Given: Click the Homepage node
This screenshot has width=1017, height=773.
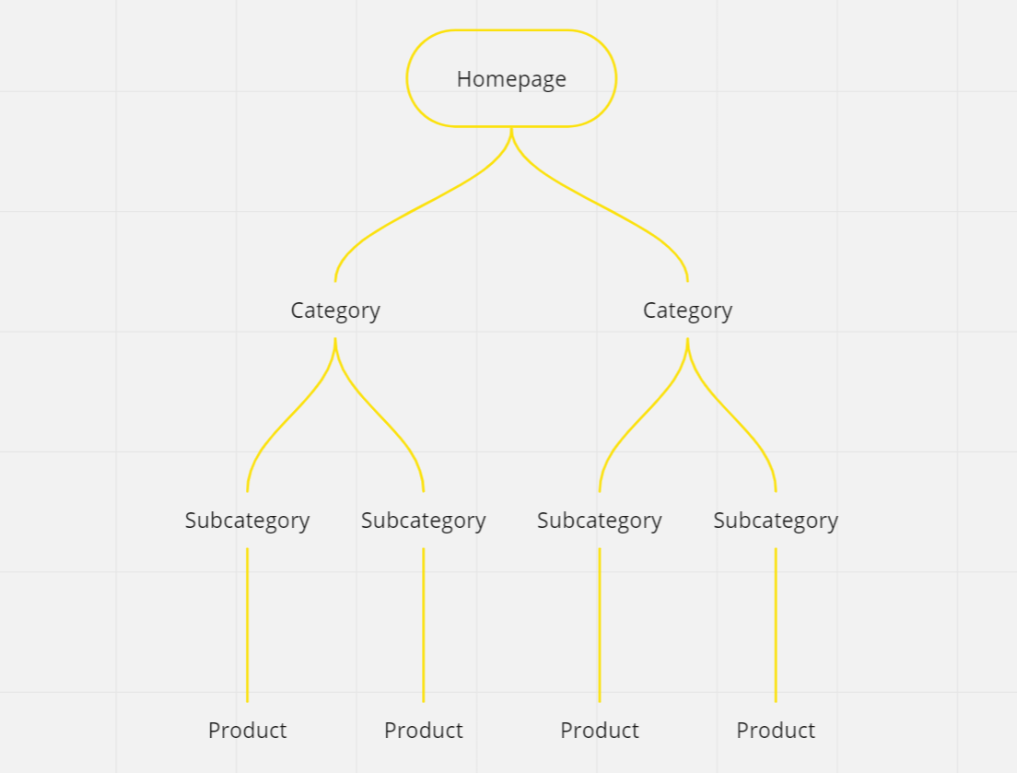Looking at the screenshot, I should tap(511, 79).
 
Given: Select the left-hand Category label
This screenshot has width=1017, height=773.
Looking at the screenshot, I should tap(335, 310).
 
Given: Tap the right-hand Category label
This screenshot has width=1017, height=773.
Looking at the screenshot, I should tap(687, 310).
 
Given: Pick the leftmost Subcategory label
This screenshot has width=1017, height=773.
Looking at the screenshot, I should tap(247, 521).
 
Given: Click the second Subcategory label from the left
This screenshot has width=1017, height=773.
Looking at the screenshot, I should tap(423, 521).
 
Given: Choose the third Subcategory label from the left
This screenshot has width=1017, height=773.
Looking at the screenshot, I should tap(599, 521).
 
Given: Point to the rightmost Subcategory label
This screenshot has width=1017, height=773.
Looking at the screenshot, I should tap(775, 521).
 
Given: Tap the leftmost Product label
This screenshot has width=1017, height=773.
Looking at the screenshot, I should tap(247, 731).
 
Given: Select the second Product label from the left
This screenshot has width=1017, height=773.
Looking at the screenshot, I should tap(423, 731).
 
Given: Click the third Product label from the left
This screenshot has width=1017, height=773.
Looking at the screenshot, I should tap(599, 731).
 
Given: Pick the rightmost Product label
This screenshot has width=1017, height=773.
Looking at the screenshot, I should tap(775, 731).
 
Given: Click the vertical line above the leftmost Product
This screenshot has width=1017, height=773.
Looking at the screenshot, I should tap(247, 627).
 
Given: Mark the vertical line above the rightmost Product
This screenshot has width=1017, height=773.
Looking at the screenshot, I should tap(776, 627).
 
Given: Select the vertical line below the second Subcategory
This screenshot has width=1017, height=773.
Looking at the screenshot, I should tap(424, 627).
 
